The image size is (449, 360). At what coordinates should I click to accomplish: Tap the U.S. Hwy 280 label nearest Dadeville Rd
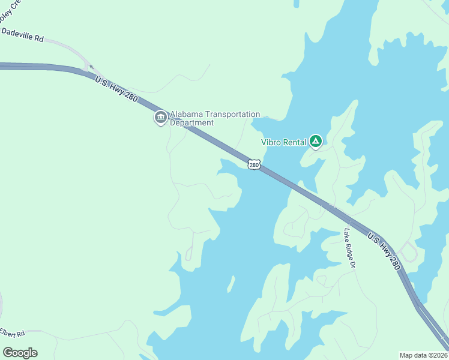click(116, 90)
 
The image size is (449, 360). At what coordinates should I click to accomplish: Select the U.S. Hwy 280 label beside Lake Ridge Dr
click(382, 250)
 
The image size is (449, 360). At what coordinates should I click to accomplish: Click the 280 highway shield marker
click(254, 164)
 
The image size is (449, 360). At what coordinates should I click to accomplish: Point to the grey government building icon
click(160, 118)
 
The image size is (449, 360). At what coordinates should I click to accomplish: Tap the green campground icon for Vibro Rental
click(316, 142)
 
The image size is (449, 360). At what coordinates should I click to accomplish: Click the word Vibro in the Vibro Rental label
click(271, 142)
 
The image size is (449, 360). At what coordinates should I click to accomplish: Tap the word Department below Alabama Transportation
click(192, 122)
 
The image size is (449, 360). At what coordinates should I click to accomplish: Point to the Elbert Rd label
click(12, 332)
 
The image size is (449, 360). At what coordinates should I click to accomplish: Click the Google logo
click(20, 353)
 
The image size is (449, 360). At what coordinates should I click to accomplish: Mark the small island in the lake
click(231, 284)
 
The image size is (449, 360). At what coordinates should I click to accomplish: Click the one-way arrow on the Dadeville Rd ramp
click(91, 68)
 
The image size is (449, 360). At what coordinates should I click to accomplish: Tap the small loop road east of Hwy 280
click(408, 252)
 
